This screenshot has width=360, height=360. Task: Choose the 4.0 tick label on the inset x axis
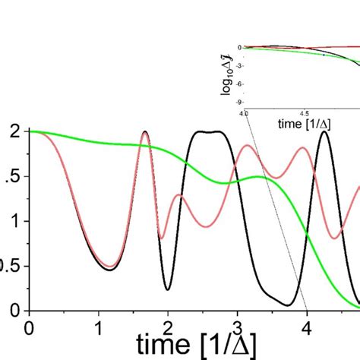[244, 112]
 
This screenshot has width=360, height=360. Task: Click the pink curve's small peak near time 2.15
[178, 196]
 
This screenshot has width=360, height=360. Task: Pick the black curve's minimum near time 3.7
[287, 305]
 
